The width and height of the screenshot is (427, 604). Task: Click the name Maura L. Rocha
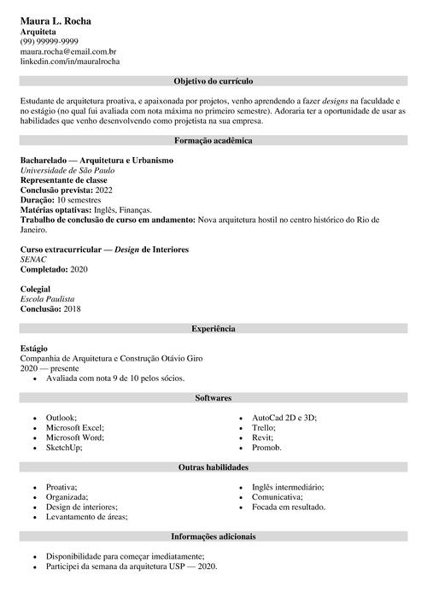[x=56, y=19]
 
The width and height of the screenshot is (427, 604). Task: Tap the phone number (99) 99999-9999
[x=50, y=41]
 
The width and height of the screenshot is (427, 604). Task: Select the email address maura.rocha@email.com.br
[x=68, y=51]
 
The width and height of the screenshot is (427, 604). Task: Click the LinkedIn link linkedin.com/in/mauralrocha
[x=70, y=62]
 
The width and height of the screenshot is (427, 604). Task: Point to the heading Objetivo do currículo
[x=213, y=81]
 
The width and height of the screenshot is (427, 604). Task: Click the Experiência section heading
[x=213, y=328]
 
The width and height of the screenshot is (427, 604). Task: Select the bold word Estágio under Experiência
[x=35, y=349]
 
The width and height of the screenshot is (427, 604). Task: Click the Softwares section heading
[x=213, y=398]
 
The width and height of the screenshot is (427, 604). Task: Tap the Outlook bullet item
[x=61, y=417]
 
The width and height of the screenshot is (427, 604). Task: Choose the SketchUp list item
[x=64, y=448]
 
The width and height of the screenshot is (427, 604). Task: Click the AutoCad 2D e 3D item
[x=284, y=417]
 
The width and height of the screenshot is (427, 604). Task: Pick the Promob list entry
[x=266, y=448]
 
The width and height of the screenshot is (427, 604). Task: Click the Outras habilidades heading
[x=213, y=467]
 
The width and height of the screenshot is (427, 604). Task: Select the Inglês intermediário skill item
[x=288, y=486]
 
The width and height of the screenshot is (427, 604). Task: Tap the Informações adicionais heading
[x=213, y=537]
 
